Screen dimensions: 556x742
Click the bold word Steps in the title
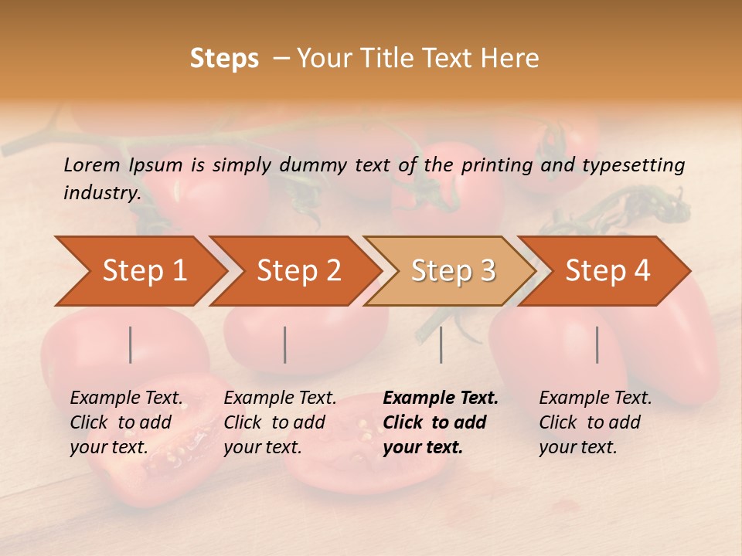tap(224, 59)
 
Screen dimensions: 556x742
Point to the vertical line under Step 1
tap(131, 344)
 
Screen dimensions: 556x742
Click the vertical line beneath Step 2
tap(285, 344)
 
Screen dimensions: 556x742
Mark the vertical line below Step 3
tap(441, 344)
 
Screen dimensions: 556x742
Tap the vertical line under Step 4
tap(597, 344)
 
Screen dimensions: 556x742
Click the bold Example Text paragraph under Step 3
tap(440, 422)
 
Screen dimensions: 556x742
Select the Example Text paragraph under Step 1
tap(126, 422)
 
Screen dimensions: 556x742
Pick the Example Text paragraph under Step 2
tap(280, 422)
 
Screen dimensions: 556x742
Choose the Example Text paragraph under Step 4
tap(595, 422)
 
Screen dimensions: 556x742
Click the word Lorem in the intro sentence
tap(91, 164)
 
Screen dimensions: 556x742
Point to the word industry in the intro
tap(102, 193)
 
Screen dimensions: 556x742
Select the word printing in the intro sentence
tap(497, 165)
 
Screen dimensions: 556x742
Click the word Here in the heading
tap(513, 59)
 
